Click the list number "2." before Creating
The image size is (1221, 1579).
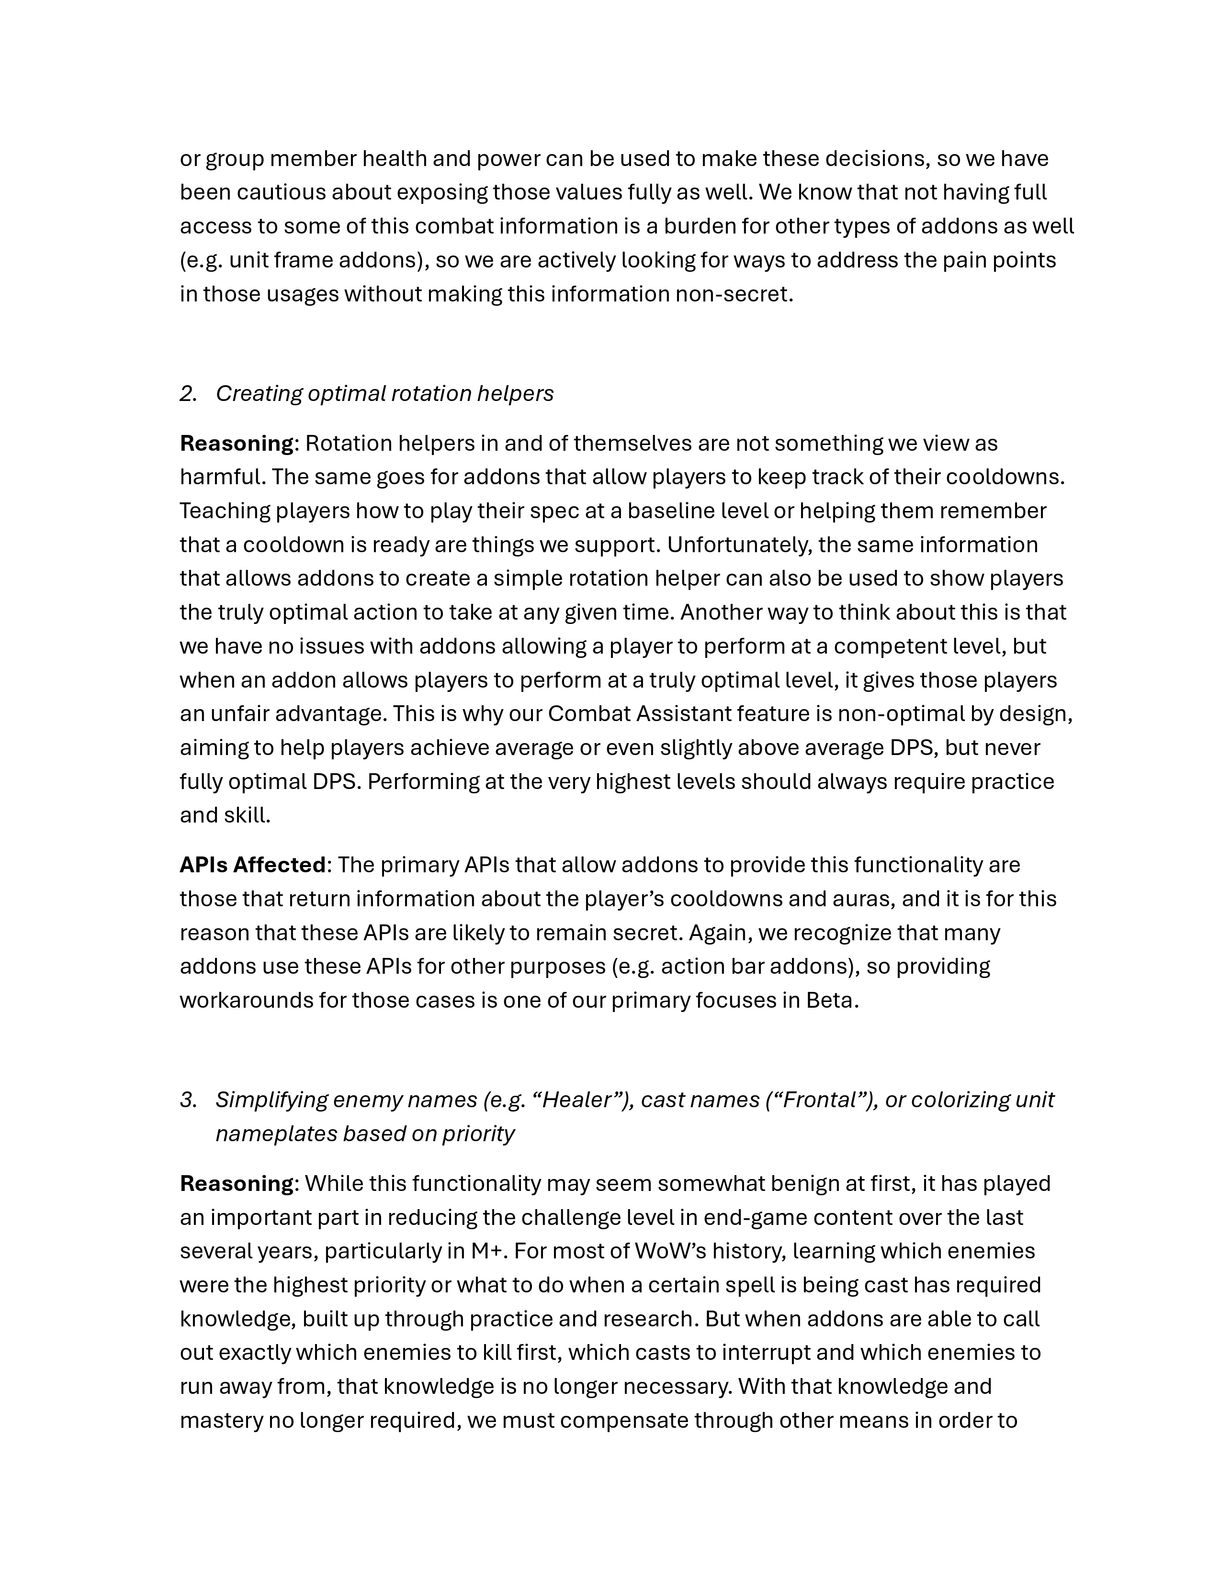coord(189,393)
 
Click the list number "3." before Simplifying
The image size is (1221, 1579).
coord(189,1100)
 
